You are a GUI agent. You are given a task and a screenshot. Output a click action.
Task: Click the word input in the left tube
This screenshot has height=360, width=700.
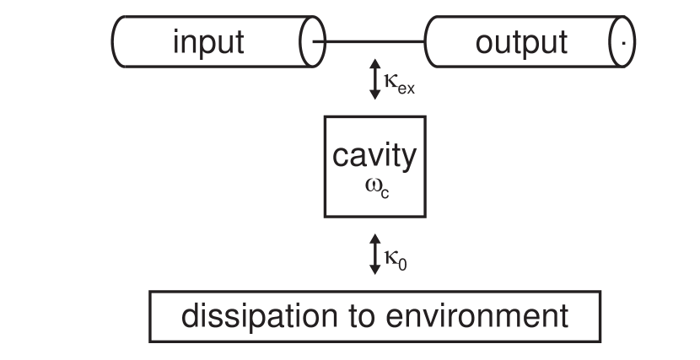pos(208,41)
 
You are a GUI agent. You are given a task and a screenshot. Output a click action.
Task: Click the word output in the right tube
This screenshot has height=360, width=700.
pos(522,41)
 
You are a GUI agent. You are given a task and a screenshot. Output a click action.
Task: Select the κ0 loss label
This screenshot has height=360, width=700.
pos(396,260)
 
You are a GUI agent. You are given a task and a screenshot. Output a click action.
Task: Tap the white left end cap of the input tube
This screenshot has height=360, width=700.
pos(120,40)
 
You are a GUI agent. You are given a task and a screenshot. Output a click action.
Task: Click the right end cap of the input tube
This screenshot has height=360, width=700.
pos(311,40)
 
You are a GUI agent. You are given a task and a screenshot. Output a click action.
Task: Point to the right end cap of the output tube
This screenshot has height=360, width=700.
pos(624,40)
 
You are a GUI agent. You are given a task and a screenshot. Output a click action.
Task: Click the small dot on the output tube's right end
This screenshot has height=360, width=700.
pos(623,41)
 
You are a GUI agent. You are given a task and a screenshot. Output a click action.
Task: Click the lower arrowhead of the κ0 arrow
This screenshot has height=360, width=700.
pos(376,271)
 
